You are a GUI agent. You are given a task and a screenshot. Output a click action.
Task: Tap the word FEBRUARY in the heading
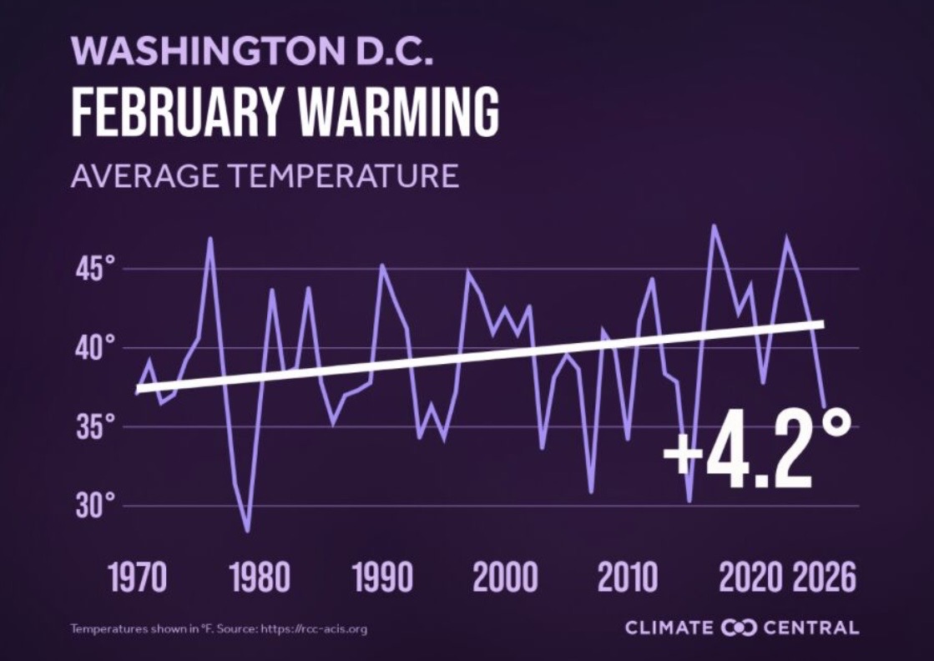(x=176, y=114)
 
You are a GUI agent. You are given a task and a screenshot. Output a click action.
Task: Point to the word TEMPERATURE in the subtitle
(x=343, y=177)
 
